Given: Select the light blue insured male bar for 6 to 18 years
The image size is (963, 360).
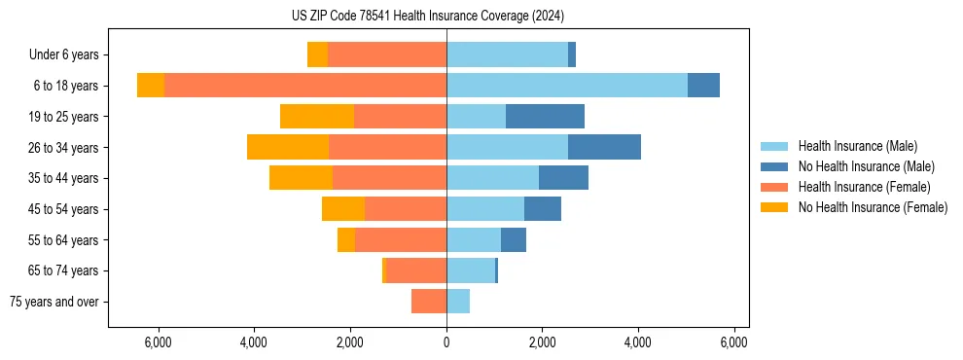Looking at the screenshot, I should pos(566,86).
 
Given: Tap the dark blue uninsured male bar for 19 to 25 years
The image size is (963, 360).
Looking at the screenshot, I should pos(545,117).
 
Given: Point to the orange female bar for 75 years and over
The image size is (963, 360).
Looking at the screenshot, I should pos(429,302).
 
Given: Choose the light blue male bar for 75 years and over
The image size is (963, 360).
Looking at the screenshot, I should pos(458,302).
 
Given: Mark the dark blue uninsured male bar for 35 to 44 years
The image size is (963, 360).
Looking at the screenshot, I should pos(563,178).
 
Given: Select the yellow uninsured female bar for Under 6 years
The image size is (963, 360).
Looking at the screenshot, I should pos(317,54).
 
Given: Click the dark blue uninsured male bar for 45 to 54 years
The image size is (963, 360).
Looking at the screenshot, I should pos(543,209).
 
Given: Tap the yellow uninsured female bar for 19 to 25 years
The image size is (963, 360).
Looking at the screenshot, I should pos(317,117).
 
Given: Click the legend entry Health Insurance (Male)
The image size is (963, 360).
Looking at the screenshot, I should pos(857,146).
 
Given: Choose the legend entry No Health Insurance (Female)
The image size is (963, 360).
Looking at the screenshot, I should pos(873,207).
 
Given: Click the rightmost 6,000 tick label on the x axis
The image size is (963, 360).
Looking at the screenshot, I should pos(733,342).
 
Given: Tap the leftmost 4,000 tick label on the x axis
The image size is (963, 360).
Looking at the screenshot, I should pos(254,342).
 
